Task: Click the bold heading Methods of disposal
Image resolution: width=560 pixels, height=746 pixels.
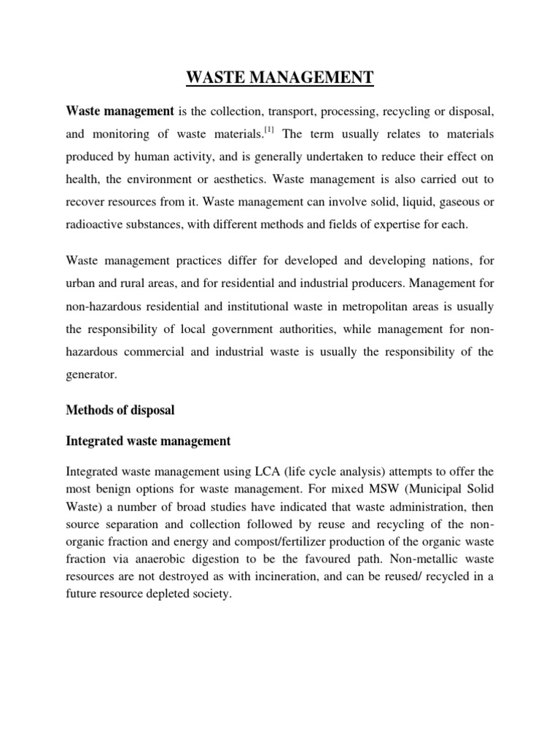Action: point(120,410)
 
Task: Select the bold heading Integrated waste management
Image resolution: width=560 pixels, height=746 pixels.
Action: point(148,441)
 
